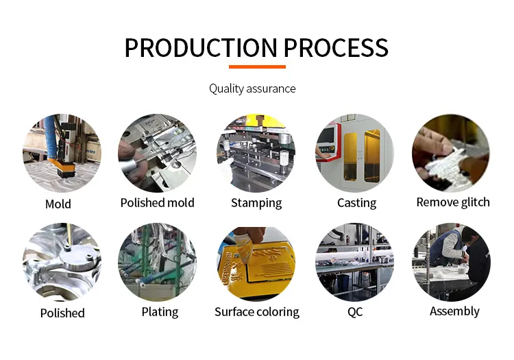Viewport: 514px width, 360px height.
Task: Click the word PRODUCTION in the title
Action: coord(201,48)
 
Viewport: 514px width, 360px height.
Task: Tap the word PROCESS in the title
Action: coord(336,48)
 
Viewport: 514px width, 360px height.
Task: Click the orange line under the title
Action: coord(257,67)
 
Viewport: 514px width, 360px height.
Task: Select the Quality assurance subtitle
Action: coord(252,88)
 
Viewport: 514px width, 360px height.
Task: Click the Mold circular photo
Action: coord(62,153)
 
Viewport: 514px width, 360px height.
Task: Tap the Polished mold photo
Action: coord(158,153)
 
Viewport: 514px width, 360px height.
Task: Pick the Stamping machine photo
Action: coord(256,153)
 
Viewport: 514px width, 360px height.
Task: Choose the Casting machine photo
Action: coord(355,153)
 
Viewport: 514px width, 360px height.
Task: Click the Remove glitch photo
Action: coord(452,153)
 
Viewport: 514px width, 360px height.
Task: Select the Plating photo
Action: coord(158,263)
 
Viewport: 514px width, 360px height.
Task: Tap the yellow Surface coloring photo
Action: coord(256,263)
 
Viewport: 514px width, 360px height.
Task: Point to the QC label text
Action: coord(355,312)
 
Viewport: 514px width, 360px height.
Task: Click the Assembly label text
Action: coord(454,311)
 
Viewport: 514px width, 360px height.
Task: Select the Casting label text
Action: coord(356,203)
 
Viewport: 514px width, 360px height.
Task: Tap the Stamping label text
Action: coord(256,203)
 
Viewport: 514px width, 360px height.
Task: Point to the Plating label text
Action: coord(160,312)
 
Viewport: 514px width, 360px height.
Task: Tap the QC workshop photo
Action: coord(355,263)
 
